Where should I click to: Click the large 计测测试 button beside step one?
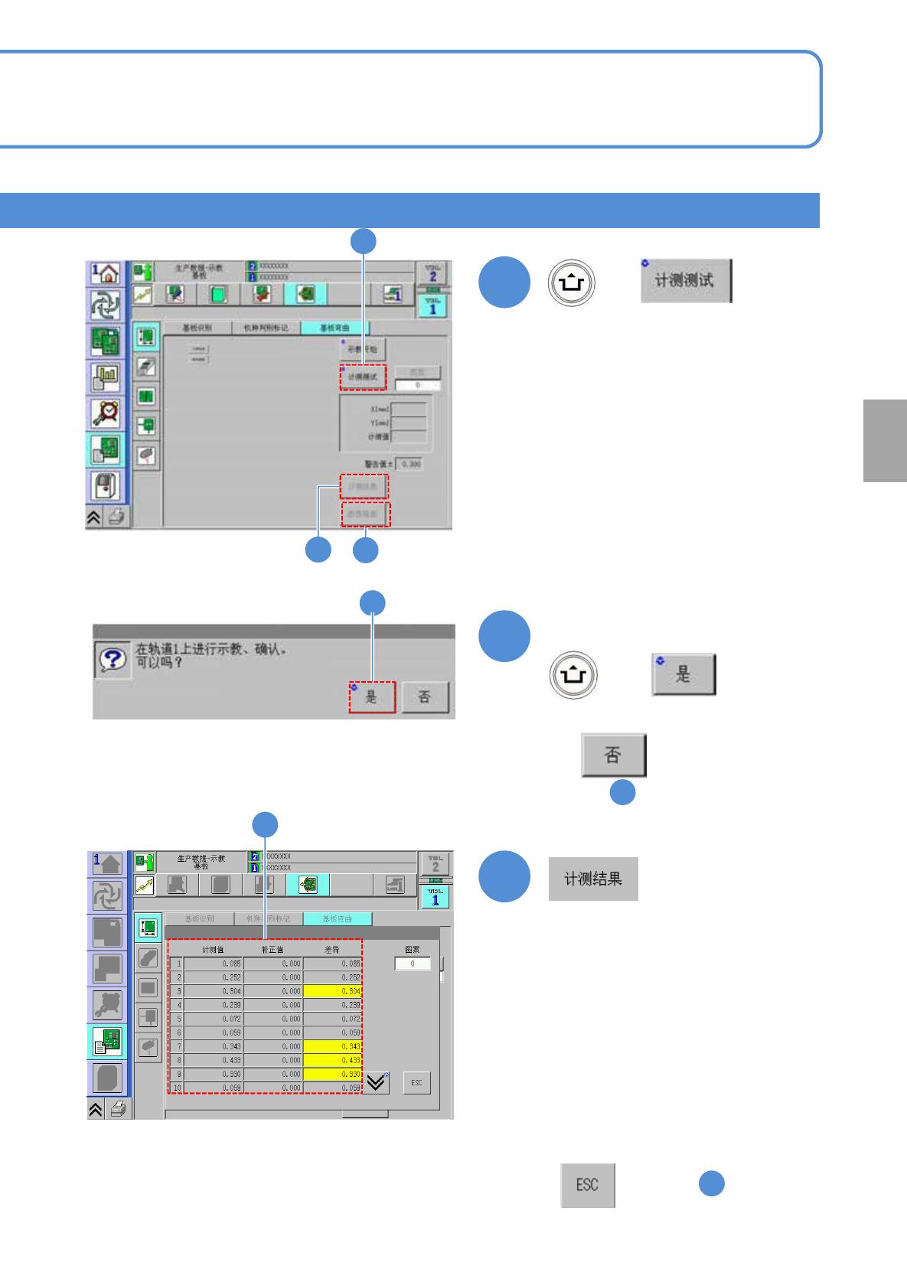pyautogui.click(x=686, y=280)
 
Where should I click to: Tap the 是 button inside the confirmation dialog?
pyautogui.click(x=372, y=696)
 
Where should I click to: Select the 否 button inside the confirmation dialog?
pyautogui.click(x=425, y=696)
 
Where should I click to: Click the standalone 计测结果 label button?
pyautogui.click(x=593, y=879)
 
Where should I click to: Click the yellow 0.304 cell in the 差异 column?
pyautogui.click(x=333, y=991)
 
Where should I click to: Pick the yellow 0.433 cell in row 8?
pyautogui.click(x=333, y=1060)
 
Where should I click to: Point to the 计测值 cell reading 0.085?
pyautogui.click(x=214, y=964)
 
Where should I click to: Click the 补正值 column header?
pyautogui.click(x=272, y=950)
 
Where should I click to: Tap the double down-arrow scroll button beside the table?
pyautogui.click(x=376, y=1082)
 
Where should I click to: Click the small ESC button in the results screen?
pyautogui.click(x=416, y=1082)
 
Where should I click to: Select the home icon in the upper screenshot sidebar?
pyautogui.click(x=106, y=273)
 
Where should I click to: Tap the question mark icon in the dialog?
pyautogui.click(x=113, y=659)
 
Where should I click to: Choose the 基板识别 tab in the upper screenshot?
pyautogui.click(x=197, y=328)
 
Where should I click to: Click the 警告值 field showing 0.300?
pyautogui.click(x=410, y=464)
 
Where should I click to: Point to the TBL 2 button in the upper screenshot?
pyautogui.click(x=432, y=273)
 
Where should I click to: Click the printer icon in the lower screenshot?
pyautogui.click(x=118, y=1108)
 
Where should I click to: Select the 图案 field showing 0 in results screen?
pyautogui.click(x=413, y=964)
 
